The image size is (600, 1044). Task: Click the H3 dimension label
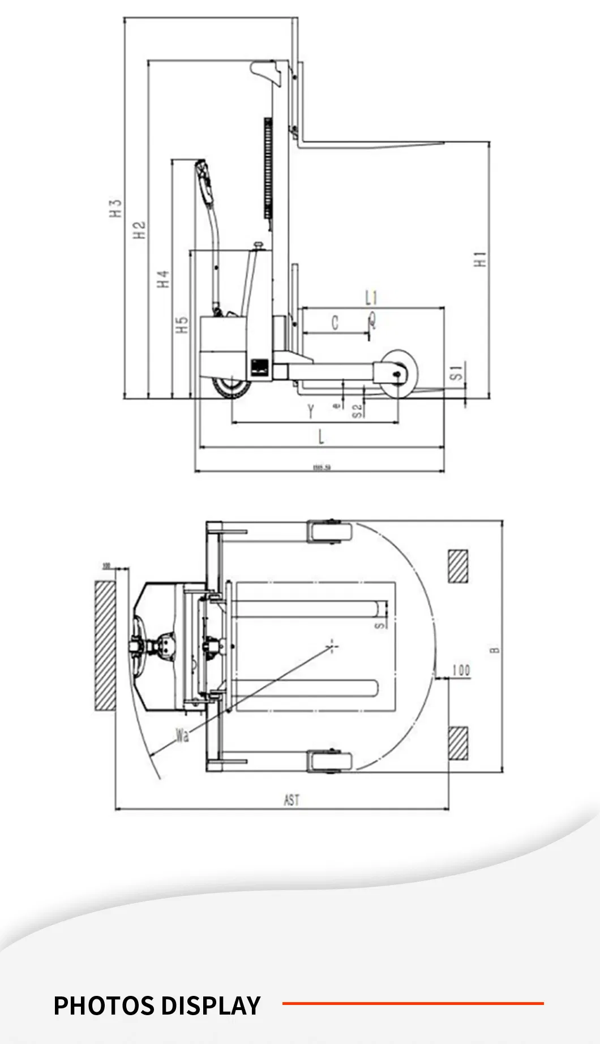pyautogui.click(x=116, y=208)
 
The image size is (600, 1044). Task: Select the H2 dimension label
pyautogui.click(x=140, y=229)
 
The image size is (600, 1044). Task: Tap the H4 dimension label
pyautogui.click(x=164, y=278)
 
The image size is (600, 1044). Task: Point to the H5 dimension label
pyautogui.click(x=182, y=324)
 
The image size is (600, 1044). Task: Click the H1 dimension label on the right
pyautogui.click(x=481, y=259)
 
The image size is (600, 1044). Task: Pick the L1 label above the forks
pyautogui.click(x=371, y=298)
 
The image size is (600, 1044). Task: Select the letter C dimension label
pyautogui.click(x=335, y=323)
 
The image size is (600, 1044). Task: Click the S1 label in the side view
pyautogui.click(x=457, y=372)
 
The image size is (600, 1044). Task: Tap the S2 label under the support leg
pyautogui.click(x=357, y=411)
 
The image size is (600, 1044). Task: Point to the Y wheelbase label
pyautogui.click(x=311, y=411)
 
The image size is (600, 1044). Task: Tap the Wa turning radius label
pyautogui.click(x=182, y=736)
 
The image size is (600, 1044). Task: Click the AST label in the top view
pyautogui.click(x=292, y=800)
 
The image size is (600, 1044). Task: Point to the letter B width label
pyautogui.click(x=495, y=650)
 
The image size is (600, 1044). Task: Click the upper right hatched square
pyautogui.click(x=458, y=566)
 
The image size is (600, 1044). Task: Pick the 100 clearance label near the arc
pyautogui.click(x=461, y=670)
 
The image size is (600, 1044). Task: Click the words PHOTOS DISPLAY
pyautogui.click(x=157, y=1006)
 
